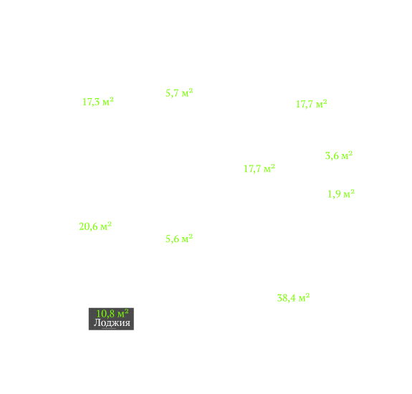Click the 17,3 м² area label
[98, 102]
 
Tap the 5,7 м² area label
[179, 92]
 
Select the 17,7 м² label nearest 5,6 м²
[259, 168]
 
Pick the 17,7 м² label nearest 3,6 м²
[312, 104]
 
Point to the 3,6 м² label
[339, 155]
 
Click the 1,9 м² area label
[341, 194]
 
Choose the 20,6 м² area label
[95, 226]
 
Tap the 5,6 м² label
[179, 239]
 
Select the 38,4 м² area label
[293, 298]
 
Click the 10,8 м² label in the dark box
[112, 313]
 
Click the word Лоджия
[112, 322]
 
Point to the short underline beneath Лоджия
[109, 328]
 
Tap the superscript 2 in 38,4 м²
[307, 295]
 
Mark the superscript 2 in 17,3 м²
[111, 99]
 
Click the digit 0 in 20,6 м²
[87, 226]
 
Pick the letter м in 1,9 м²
[347, 195]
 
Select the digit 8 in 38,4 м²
[285, 298]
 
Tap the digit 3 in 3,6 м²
[327, 155]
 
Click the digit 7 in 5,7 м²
[176, 93]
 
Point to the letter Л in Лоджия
[97, 322]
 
